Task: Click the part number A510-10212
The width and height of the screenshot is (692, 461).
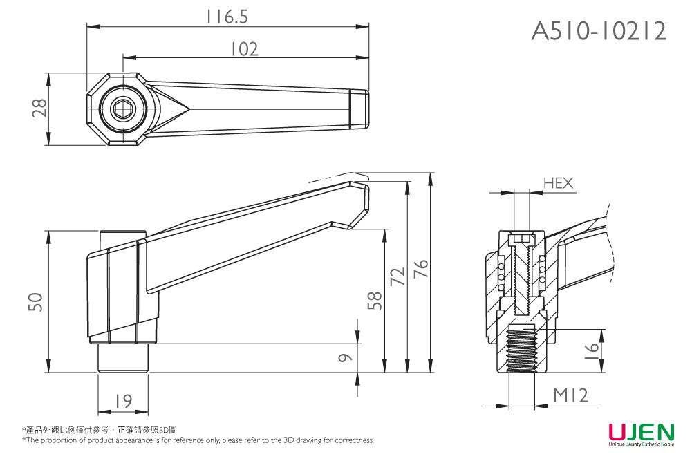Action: coord(599,30)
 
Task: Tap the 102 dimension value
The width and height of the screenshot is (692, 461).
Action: coord(244,48)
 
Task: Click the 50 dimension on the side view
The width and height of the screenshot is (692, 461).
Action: coord(36,302)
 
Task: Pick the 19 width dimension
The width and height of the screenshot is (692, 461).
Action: coord(123,400)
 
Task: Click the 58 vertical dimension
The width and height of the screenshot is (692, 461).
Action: coord(375,301)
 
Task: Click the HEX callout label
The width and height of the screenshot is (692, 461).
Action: coord(558,183)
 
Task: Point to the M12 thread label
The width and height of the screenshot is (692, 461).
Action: coord(571,395)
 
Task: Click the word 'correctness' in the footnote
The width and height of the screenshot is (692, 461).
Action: coord(353,440)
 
